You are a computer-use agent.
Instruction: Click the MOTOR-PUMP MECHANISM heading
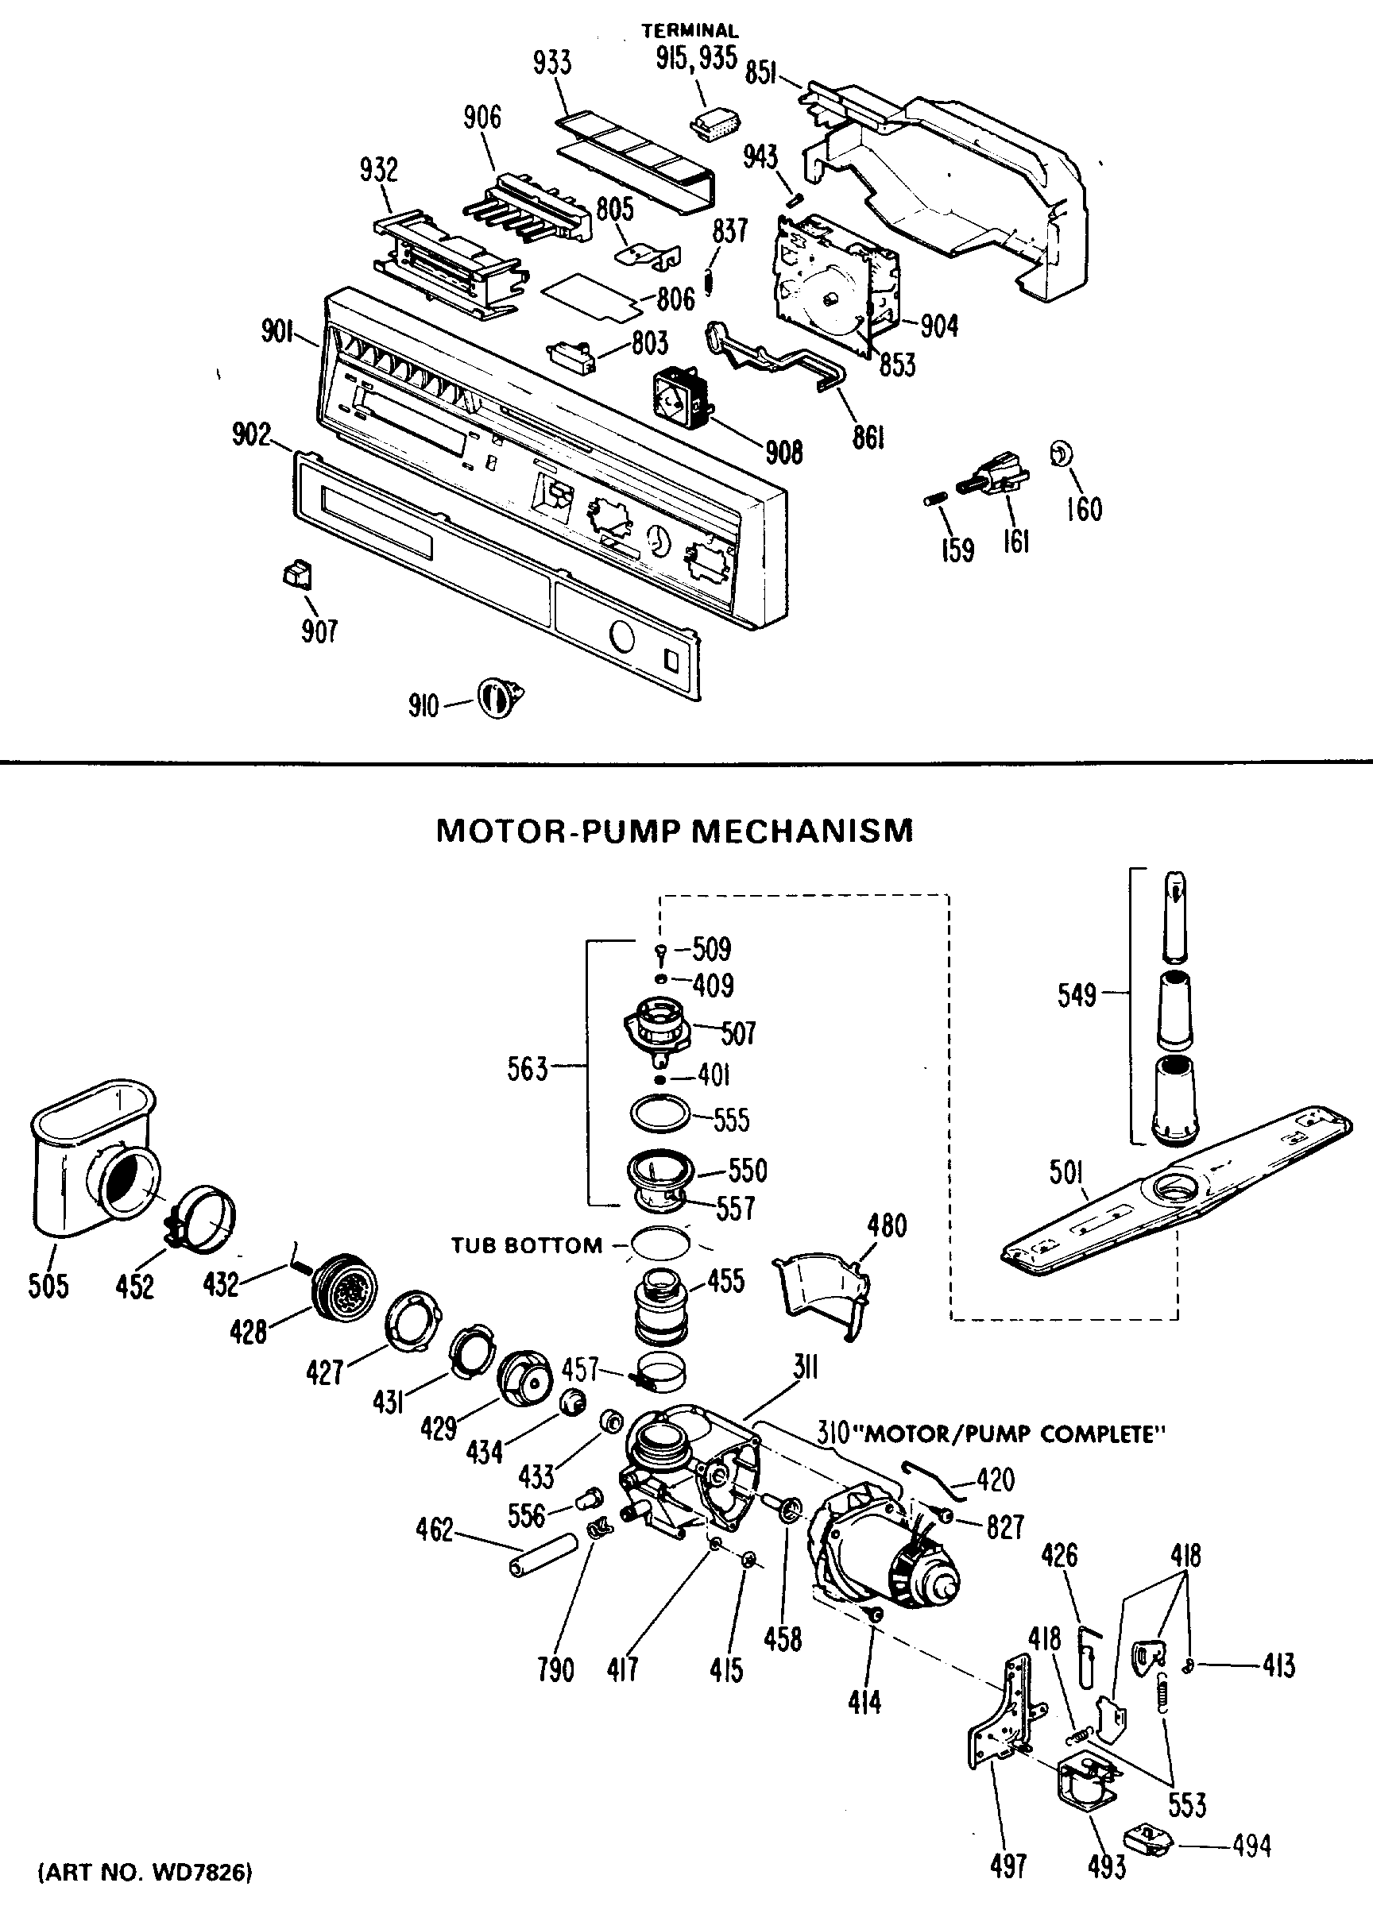tap(675, 831)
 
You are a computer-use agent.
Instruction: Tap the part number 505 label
tap(48, 1286)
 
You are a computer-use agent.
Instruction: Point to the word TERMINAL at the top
tap(690, 31)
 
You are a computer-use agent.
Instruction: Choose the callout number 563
tap(527, 1069)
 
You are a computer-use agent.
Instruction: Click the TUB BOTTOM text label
tap(527, 1245)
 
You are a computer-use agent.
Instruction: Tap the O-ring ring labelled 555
tap(660, 1114)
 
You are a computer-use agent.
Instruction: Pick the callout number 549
tap(1077, 996)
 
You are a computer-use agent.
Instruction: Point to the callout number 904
tap(939, 326)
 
